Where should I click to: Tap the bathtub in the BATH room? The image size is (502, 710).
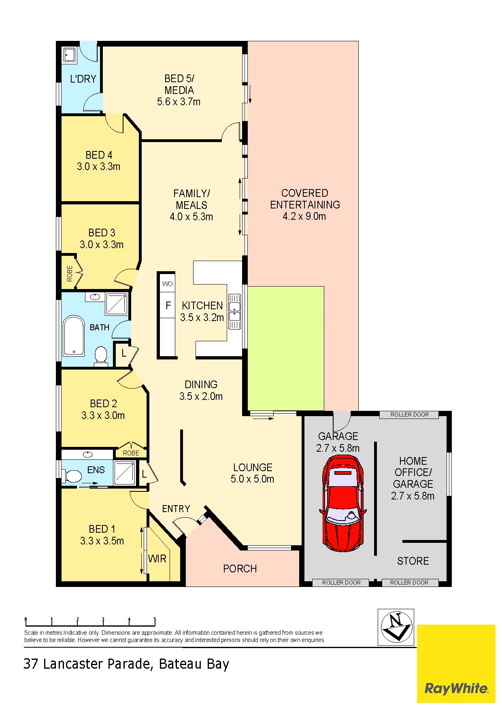(74, 336)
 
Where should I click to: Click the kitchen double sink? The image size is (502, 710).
(234, 311)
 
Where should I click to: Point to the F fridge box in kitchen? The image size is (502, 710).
(168, 305)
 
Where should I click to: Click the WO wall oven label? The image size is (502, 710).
(168, 284)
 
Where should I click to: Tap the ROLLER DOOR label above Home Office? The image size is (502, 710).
(409, 415)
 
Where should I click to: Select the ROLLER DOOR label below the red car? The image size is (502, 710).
(341, 582)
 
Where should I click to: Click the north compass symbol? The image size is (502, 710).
(396, 627)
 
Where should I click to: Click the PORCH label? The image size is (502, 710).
(240, 569)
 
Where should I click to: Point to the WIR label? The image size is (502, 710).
(157, 559)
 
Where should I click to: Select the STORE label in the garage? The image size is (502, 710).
(413, 561)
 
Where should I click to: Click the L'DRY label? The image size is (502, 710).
(83, 79)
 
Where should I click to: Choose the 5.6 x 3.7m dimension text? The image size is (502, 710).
(179, 102)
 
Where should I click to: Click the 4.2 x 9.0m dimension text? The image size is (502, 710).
(304, 216)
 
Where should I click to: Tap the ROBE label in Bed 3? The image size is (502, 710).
(70, 274)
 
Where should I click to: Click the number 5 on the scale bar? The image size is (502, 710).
(155, 619)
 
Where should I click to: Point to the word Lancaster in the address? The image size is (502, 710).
(75, 664)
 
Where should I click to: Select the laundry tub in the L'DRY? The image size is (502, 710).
(69, 55)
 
